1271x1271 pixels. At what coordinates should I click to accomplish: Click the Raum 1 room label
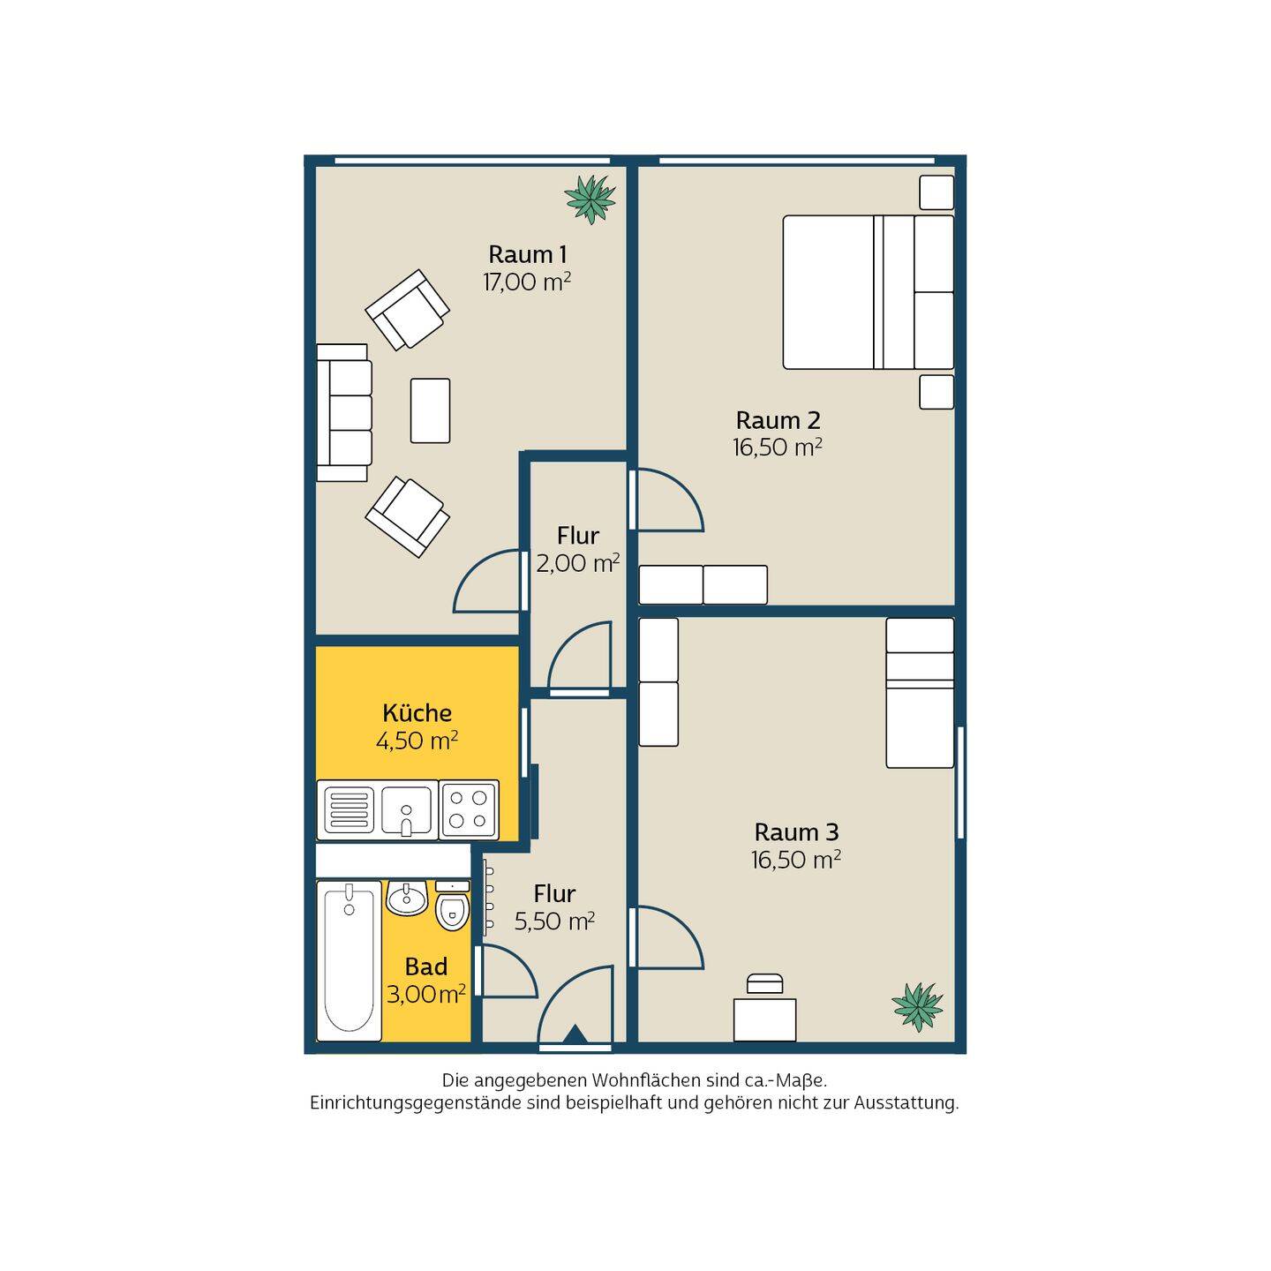click(527, 254)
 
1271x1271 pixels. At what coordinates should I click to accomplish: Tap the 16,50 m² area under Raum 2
click(777, 447)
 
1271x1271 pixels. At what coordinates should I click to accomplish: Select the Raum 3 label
click(796, 832)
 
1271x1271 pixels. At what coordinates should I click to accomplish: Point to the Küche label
click(417, 713)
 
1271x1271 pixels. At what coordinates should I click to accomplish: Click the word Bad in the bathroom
click(426, 967)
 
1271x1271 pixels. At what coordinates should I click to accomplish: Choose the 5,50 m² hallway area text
click(554, 921)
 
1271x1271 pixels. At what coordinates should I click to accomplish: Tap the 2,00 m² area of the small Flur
click(577, 563)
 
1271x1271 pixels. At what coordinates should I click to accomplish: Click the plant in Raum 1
click(590, 199)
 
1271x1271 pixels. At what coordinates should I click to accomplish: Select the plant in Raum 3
click(917, 1007)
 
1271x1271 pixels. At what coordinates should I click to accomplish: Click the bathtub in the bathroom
click(349, 960)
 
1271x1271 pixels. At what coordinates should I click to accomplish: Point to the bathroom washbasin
click(407, 898)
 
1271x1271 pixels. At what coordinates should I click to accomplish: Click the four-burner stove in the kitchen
click(469, 810)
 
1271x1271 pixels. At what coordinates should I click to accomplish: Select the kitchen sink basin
click(406, 810)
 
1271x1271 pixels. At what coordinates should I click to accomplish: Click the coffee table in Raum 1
click(430, 410)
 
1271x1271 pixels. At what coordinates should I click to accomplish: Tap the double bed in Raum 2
click(868, 292)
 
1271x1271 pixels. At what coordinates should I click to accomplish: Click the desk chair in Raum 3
click(764, 982)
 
